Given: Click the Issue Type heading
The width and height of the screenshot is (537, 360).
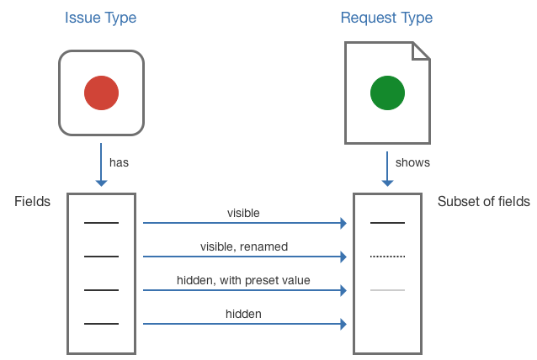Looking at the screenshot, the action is click(101, 18).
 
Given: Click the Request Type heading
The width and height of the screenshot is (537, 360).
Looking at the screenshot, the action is click(386, 18).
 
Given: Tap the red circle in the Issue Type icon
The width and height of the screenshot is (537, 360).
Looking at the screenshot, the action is click(101, 93).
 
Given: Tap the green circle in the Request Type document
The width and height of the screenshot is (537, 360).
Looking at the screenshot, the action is click(387, 93).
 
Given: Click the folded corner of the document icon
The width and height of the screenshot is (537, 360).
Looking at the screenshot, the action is click(421, 51).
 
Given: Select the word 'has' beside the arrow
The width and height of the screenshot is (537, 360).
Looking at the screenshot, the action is click(119, 162).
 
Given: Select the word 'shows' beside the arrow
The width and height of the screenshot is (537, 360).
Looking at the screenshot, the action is click(412, 162).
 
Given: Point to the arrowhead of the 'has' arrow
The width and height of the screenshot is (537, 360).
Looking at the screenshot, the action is click(101, 183).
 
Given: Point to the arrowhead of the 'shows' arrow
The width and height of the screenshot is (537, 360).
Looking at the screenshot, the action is click(387, 183).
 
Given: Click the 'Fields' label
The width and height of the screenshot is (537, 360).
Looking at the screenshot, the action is click(32, 202).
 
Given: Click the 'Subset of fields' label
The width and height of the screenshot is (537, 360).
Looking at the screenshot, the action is click(484, 202).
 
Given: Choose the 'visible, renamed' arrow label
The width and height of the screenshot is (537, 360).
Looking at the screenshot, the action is click(244, 246).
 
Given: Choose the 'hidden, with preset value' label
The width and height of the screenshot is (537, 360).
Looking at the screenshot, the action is click(243, 280).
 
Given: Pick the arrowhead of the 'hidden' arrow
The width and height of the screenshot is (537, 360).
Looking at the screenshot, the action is click(343, 324).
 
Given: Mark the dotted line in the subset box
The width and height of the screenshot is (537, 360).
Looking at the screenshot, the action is click(387, 257).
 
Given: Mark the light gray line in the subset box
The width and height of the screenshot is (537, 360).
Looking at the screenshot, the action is click(387, 290).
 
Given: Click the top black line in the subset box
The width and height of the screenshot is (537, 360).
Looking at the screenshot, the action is click(387, 223).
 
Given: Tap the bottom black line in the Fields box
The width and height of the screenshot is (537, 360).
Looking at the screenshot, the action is click(101, 324).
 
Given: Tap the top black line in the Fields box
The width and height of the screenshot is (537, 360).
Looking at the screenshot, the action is click(101, 223).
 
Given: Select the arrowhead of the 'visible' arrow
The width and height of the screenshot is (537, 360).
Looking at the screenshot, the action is click(343, 223).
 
